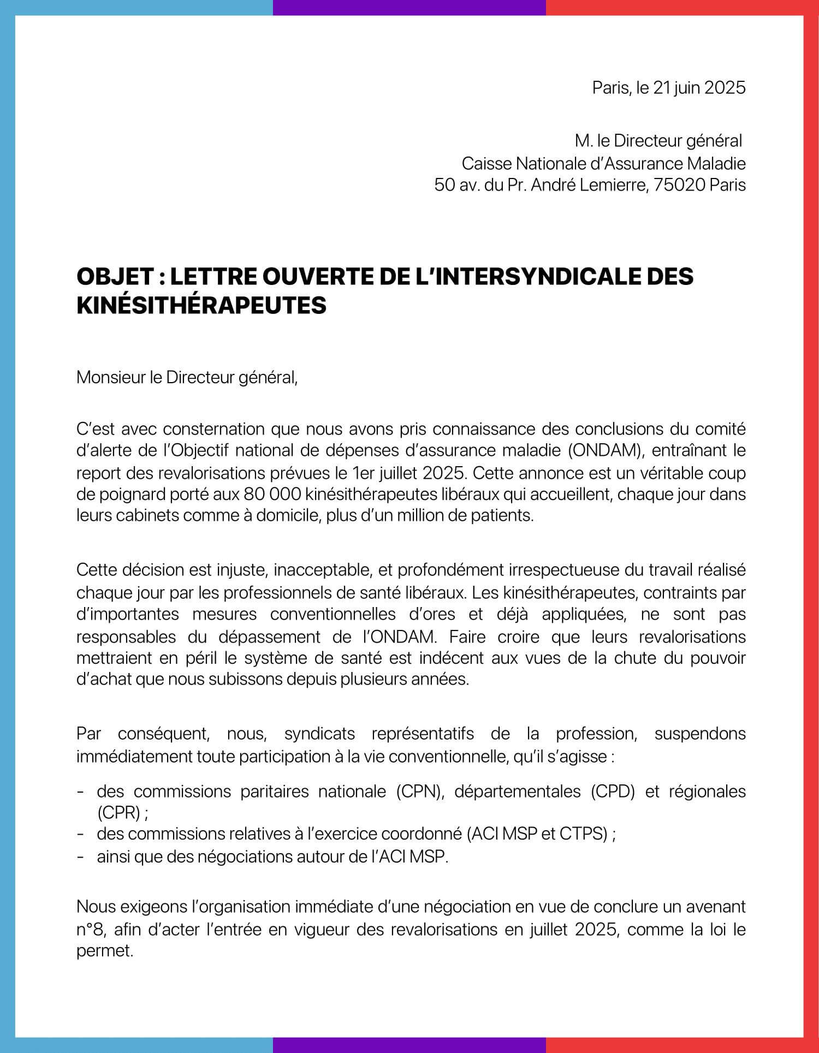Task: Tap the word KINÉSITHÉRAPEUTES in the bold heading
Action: (x=201, y=305)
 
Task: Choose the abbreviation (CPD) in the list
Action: (x=613, y=792)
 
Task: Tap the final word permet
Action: (x=105, y=950)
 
